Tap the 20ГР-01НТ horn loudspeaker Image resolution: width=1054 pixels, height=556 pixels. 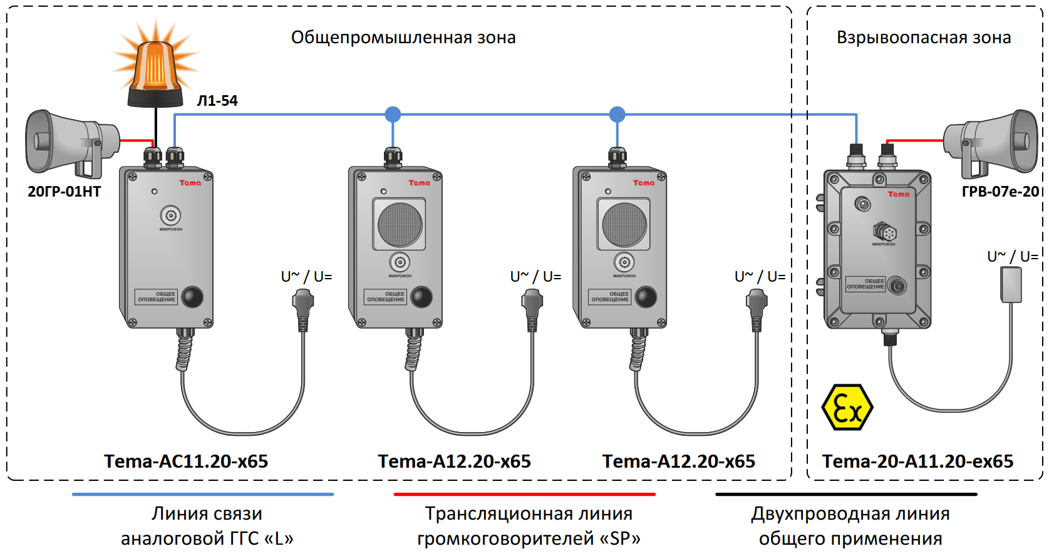point(69,143)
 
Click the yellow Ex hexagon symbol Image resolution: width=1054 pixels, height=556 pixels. point(847,408)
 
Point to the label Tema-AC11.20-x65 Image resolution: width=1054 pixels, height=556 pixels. point(186,461)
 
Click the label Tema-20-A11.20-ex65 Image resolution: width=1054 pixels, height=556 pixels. point(917,461)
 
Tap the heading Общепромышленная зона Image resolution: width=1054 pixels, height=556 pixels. point(403,38)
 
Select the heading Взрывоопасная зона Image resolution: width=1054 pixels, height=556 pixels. point(924,38)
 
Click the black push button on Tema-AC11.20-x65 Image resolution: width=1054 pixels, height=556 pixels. point(192,296)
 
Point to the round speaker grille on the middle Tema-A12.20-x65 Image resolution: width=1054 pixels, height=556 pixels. point(400,225)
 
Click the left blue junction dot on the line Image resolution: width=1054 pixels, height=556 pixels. point(393,115)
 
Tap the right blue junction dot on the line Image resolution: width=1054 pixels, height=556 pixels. point(617,115)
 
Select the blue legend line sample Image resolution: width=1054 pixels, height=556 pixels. point(203,494)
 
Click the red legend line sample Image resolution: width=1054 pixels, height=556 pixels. point(524,494)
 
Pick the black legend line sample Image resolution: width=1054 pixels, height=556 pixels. point(846,494)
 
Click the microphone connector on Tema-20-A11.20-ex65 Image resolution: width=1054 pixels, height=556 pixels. point(885,232)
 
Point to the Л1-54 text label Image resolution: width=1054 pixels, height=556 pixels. point(217,101)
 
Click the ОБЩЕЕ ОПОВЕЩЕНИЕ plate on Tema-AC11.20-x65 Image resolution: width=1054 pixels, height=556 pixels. point(157,297)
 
